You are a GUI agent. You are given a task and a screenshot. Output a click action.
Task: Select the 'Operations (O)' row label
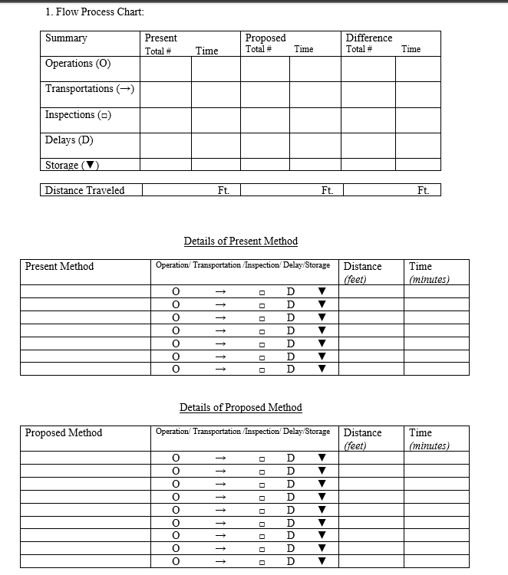(78, 64)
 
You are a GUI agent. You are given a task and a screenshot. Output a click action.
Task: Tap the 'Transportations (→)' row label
(90, 89)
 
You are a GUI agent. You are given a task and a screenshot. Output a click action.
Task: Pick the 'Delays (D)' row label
(69, 140)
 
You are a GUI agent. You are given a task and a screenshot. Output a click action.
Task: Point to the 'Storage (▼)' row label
(73, 165)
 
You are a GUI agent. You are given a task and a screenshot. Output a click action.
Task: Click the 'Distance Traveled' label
(84, 190)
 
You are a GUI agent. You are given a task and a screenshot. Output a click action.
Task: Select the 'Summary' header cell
(66, 38)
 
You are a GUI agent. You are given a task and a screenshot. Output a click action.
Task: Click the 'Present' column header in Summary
(160, 38)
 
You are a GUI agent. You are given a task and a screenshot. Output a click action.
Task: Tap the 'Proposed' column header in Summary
(265, 38)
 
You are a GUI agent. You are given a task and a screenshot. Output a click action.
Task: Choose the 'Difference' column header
(368, 38)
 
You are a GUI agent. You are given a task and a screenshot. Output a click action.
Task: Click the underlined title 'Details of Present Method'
(240, 241)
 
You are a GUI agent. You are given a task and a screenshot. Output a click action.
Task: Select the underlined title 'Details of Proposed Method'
(240, 407)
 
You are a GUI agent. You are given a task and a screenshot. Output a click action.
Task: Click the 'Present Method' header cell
(59, 267)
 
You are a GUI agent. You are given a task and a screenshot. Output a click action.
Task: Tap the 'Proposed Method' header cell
(63, 433)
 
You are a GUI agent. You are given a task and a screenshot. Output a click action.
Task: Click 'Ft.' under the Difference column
(423, 191)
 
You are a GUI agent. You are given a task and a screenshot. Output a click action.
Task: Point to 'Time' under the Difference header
(411, 49)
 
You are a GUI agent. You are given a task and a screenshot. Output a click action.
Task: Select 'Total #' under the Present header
(157, 51)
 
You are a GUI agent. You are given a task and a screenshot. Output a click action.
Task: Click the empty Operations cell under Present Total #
(165, 69)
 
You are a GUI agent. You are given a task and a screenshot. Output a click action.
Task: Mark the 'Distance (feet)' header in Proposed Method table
(362, 439)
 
